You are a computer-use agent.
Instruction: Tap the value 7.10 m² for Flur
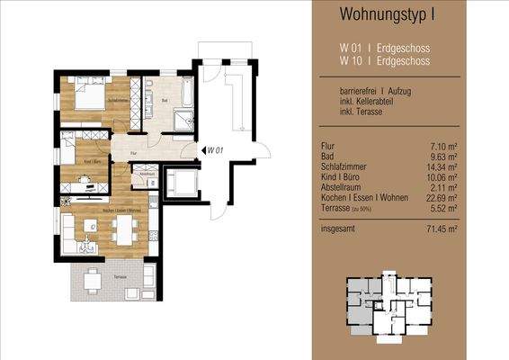446,144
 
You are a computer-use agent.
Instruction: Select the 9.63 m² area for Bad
446,156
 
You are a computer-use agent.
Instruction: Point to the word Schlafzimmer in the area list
343,166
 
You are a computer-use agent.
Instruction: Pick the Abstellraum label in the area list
342,188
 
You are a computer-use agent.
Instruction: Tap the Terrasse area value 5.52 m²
446,210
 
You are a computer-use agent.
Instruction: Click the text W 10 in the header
350,61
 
